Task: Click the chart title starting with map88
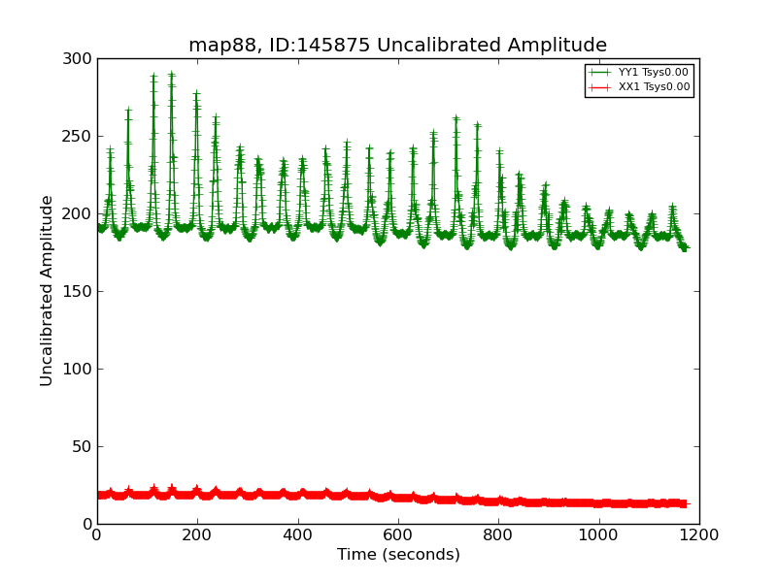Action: pyautogui.click(x=397, y=46)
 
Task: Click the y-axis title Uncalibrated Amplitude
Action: pyautogui.click(x=48, y=290)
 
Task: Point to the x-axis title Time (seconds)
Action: pyautogui.click(x=398, y=555)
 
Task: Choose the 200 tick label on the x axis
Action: pyautogui.click(x=197, y=534)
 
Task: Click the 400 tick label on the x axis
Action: pyautogui.click(x=297, y=534)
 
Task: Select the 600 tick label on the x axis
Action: pyautogui.click(x=398, y=534)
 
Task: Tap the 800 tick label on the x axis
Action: pyautogui.click(x=498, y=534)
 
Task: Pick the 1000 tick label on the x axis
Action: pyautogui.click(x=598, y=534)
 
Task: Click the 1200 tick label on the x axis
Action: pyautogui.click(x=699, y=534)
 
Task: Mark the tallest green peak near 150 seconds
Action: pyautogui.click(x=171, y=74)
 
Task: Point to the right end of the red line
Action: pyautogui.click(x=684, y=503)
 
